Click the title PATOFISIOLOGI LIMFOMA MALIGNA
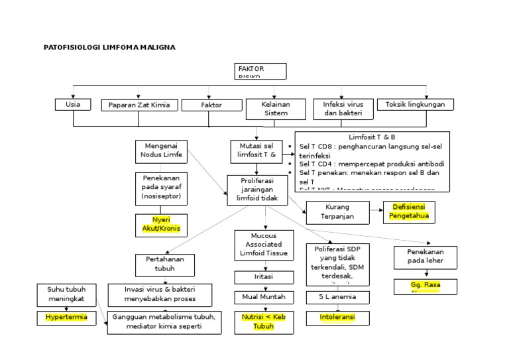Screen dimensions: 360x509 110,48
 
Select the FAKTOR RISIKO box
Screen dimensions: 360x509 260,71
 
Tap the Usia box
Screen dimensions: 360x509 73,105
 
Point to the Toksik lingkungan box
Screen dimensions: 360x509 416,105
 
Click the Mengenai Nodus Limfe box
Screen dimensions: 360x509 160,150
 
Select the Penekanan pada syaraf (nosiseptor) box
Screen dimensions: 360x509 160,188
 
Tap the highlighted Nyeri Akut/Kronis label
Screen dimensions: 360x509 160,225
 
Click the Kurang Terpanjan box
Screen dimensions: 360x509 337,211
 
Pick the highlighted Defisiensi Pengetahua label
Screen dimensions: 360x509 409,211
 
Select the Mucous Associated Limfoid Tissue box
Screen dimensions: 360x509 264,245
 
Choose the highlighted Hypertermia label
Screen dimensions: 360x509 66,318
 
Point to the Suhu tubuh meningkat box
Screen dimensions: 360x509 66,295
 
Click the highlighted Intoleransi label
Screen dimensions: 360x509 337,318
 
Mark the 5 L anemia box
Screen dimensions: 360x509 337,298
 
